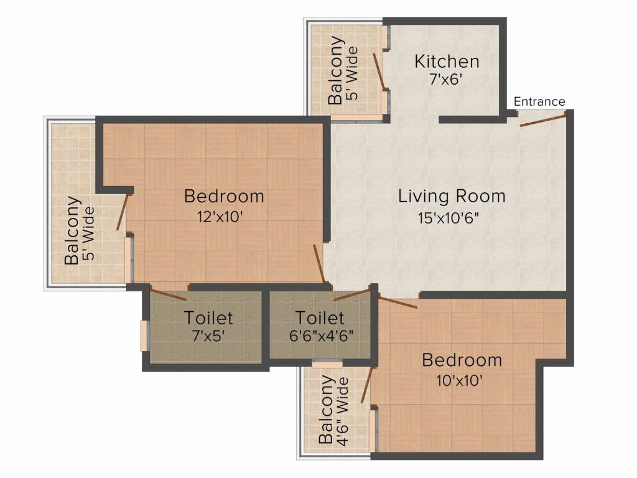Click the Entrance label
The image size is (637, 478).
[x=539, y=101]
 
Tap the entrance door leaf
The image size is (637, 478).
[x=542, y=119]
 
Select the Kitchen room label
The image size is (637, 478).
[x=447, y=62]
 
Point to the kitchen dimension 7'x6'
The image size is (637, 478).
[x=447, y=80]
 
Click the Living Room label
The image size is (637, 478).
[x=452, y=197]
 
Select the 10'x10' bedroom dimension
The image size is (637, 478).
[x=461, y=380]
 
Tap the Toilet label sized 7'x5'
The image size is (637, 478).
[x=208, y=317]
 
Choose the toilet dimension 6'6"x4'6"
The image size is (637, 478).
[x=320, y=335]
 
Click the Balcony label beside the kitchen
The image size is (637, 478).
[x=336, y=70]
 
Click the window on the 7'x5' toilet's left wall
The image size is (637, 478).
[x=144, y=335]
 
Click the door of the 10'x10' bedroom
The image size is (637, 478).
[x=398, y=303]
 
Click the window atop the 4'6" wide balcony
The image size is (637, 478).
[x=327, y=365]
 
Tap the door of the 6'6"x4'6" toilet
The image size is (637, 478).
[x=352, y=294]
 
